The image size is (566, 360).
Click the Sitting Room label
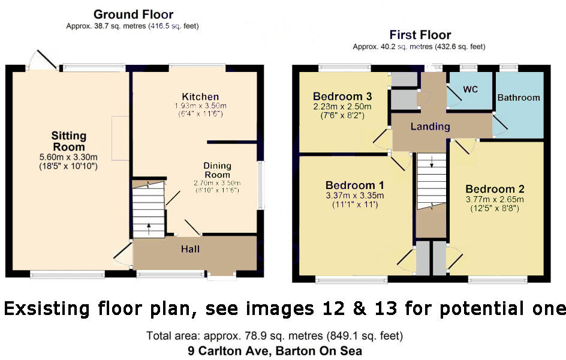68,141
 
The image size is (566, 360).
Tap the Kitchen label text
200,97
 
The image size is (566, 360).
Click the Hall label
190,249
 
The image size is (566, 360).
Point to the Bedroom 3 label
342,96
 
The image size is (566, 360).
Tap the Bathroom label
519,97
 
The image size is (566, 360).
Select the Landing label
430,127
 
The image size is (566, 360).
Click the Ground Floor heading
133,14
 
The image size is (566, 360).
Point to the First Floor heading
420,35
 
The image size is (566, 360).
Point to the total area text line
274,335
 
